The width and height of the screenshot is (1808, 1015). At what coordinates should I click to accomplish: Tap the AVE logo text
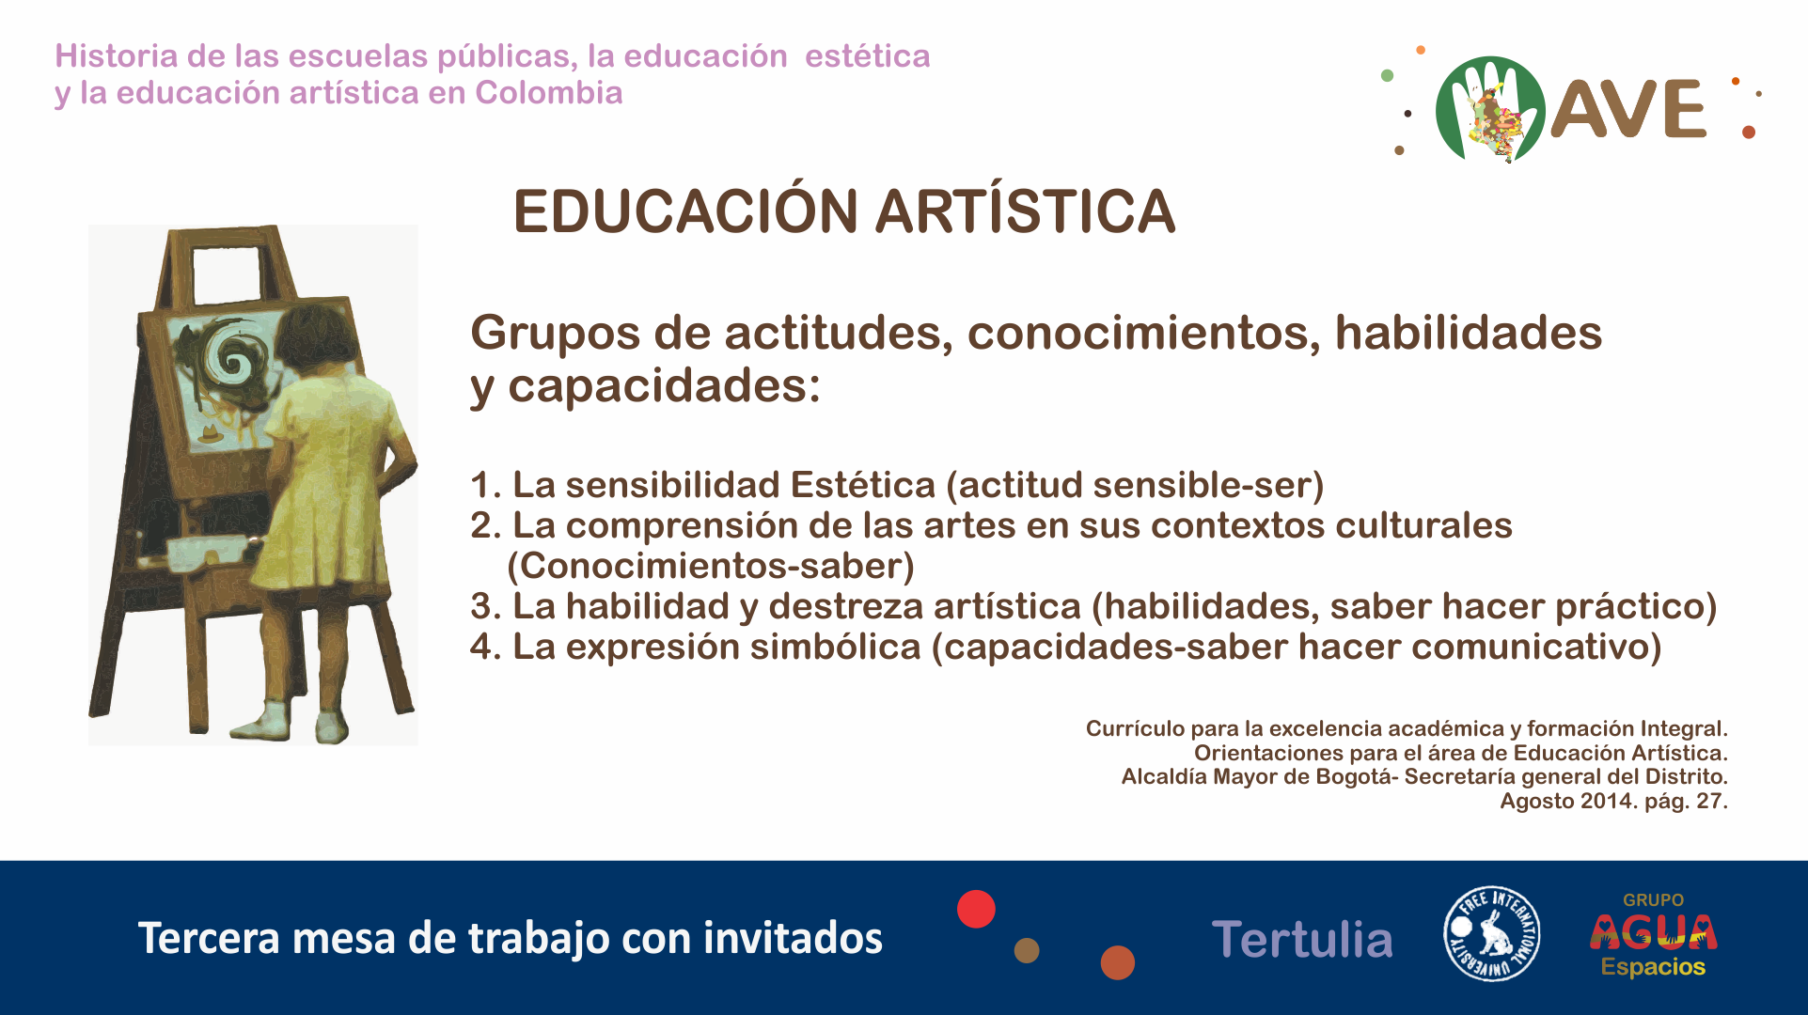(x=1627, y=109)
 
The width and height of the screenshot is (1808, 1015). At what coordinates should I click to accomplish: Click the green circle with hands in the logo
(x=1490, y=109)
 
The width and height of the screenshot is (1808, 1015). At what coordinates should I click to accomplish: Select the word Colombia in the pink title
(x=549, y=93)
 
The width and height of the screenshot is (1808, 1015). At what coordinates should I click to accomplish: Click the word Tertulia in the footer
(x=1302, y=939)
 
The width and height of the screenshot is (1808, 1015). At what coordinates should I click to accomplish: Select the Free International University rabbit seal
(x=1492, y=933)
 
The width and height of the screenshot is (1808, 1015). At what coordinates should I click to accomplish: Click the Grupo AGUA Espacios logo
(x=1653, y=934)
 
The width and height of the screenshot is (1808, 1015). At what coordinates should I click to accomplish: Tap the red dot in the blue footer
(x=976, y=909)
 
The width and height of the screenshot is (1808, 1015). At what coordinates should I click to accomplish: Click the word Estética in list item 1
(x=862, y=485)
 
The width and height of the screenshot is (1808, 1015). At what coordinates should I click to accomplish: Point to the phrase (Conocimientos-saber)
(x=711, y=566)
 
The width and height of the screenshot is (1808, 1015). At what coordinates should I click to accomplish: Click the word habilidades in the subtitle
(x=1469, y=333)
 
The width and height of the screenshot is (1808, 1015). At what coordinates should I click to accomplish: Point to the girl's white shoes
(x=291, y=723)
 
